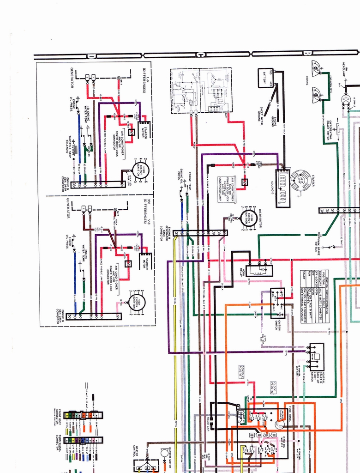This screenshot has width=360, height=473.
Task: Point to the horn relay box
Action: (259, 271)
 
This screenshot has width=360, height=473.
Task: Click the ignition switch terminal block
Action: (277, 303)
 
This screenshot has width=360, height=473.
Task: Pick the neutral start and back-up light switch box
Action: (317, 357)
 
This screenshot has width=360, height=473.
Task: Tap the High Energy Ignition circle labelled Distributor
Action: (248, 217)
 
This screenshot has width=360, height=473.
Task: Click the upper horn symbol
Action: (316, 68)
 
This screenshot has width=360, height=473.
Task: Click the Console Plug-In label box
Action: (244, 371)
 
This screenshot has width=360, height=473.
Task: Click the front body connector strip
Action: (83, 415)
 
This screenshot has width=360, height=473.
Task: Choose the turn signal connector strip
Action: (83, 440)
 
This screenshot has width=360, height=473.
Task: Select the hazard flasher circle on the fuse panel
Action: (279, 424)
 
